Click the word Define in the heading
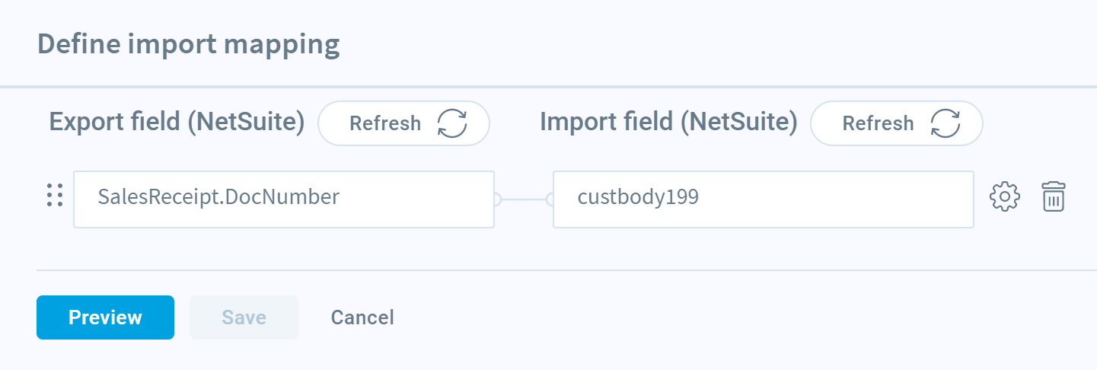click(79, 44)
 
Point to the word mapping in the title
click(282, 45)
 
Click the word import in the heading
click(172, 45)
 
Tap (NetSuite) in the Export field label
click(247, 122)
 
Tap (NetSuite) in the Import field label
click(739, 122)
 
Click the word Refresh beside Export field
click(385, 123)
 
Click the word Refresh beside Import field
click(878, 123)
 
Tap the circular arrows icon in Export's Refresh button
click(452, 123)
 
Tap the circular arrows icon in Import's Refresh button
click(946, 123)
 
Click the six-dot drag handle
click(55, 195)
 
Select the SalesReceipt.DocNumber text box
click(284, 199)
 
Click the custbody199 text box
click(764, 199)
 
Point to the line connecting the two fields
click(524, 199)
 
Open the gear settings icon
click(1004, 196)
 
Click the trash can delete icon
click(1053, 196)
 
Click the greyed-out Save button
click(244, 317)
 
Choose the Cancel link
click(362, 317)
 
